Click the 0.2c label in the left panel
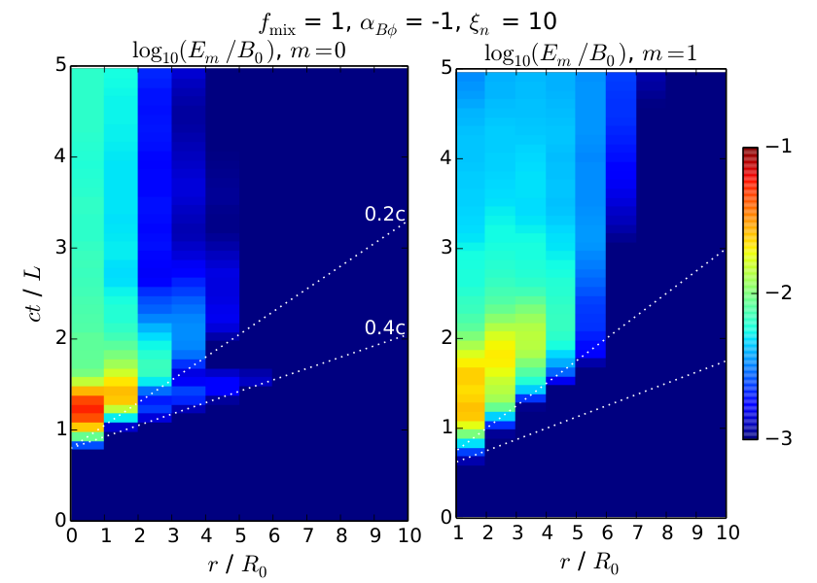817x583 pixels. point(385,214)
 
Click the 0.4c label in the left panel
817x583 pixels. point(385,327)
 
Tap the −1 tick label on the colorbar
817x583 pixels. point(779,147)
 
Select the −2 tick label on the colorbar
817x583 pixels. point(779,292)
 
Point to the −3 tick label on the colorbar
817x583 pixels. point(779,438)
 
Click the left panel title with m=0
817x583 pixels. point(239,52)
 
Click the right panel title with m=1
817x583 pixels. point(590,54)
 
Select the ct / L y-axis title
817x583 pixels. point(34,294)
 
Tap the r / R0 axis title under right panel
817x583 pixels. point(589,562)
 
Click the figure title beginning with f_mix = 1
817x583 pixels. point(408,22)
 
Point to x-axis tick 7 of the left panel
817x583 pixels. point(307,535)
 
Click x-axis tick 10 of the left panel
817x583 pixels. point(409,535)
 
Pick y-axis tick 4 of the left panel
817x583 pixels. point(60,156)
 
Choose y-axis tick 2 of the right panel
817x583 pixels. point(445,338)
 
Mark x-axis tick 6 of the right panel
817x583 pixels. point(607,532)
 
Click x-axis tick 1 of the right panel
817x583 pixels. point(458,532)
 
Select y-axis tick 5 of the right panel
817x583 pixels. point(445,68)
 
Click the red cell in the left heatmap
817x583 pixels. point(88,409)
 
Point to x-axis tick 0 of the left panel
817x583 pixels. point(72,535)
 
